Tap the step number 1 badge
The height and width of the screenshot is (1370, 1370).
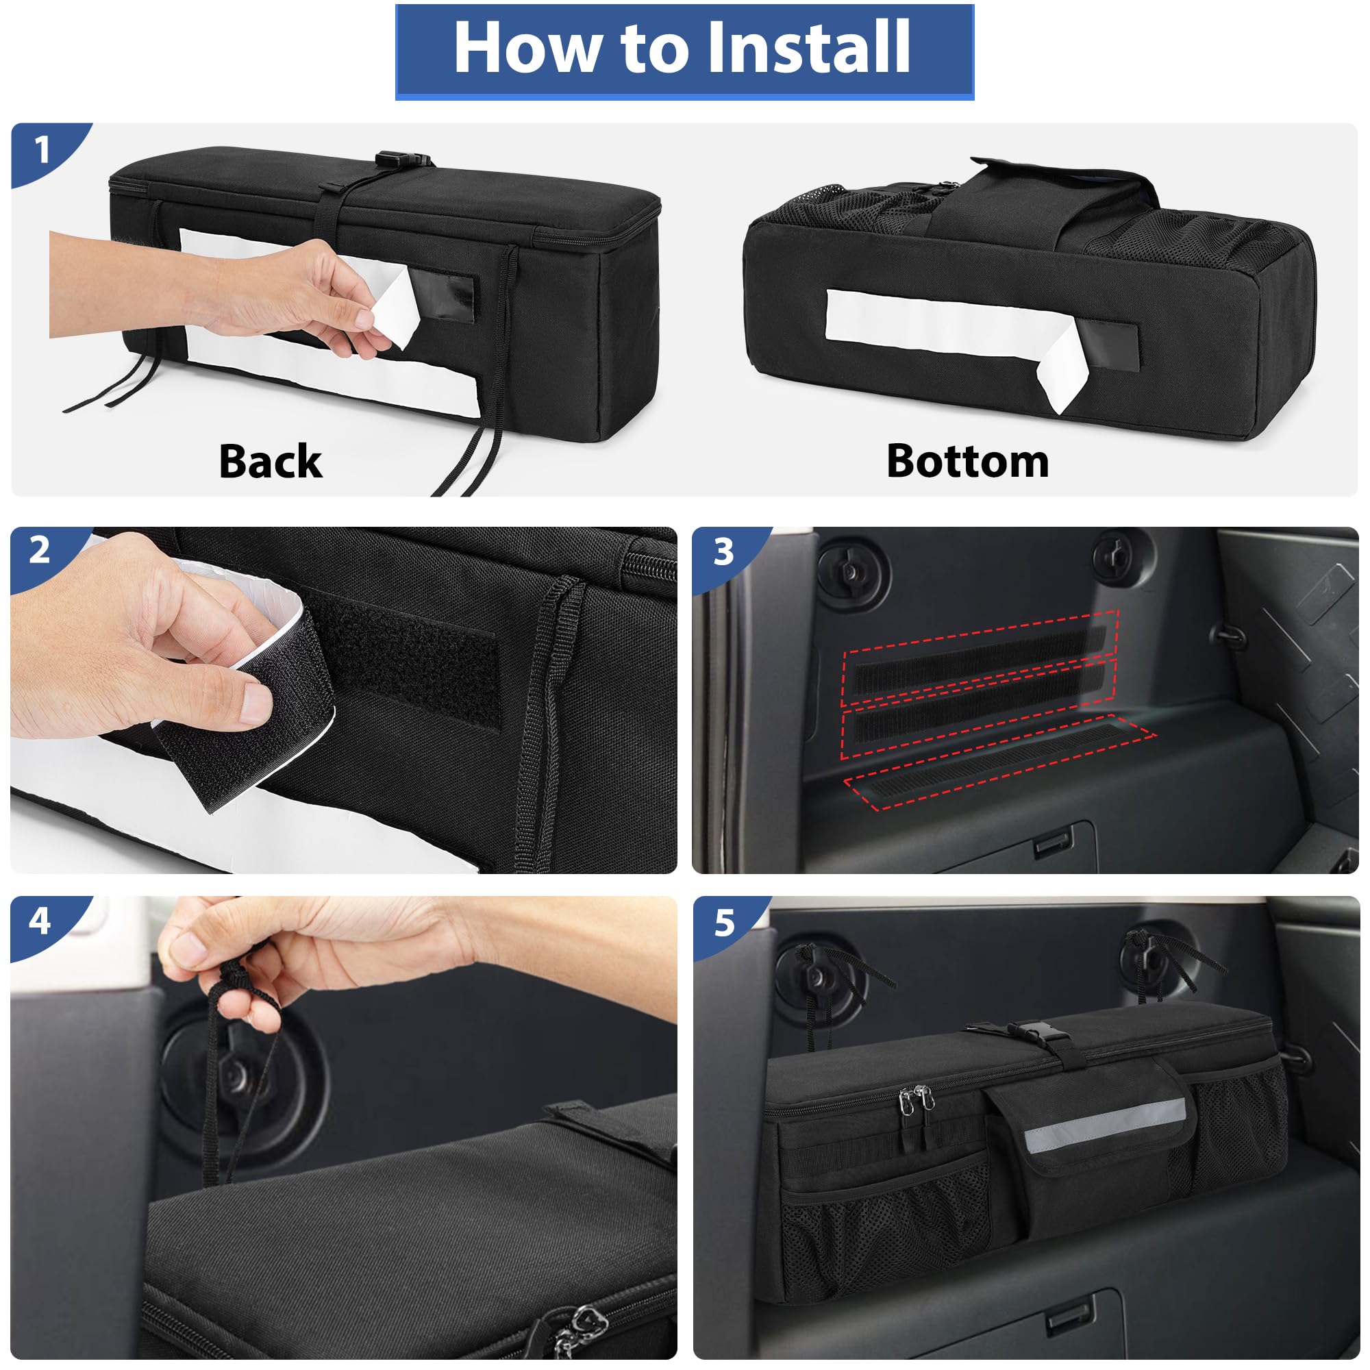[x=42, y=150]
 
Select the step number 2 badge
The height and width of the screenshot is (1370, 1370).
[x=40, y=550]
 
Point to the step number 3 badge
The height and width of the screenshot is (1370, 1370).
[x=723, y=551]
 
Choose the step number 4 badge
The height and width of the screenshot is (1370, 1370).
[x=40, y=921]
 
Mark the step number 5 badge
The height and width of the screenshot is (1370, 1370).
[x=723, y=923]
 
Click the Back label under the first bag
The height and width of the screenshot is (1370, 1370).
[x=270, y=462]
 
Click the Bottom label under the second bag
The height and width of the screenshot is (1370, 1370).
[x=967, y=462]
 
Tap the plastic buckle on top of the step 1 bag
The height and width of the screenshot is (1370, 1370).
[x=402, y=160]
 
